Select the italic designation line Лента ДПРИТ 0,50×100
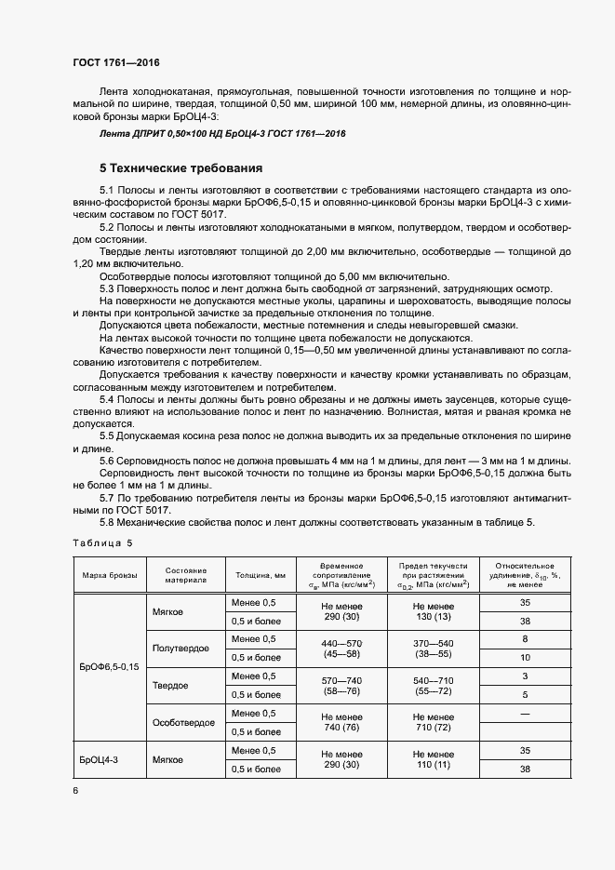click(x=222, y=134)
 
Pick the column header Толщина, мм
click(x=265, y=575)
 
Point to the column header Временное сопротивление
click(x=347, y=575)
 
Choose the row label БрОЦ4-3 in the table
click(x=98, y=760)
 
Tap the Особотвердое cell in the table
click(x=182, y=722)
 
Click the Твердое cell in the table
click(x=170, y=685)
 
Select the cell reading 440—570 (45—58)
click(x=341, y=648)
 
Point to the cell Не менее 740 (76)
click(x=341, y=722)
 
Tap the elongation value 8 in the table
click(x=526, y=638)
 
